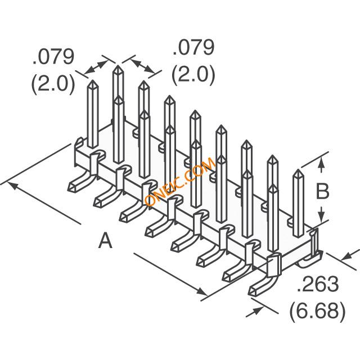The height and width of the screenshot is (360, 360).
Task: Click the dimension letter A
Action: click(105, 240)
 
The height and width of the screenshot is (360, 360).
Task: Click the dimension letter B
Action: click(322, 191)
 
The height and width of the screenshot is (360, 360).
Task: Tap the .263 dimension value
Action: click(318, 284)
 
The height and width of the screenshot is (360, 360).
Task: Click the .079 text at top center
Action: click(193, 47)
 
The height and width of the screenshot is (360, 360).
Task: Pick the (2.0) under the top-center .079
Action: click(193, 74)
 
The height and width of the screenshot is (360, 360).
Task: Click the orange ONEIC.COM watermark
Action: click(180, 181)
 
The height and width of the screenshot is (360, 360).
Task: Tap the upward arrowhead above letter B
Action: click(322, 163)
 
